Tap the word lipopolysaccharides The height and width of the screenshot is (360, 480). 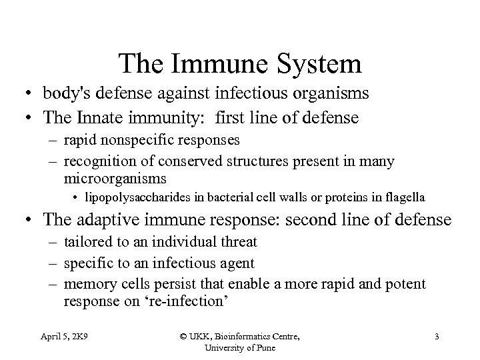click(138, 197)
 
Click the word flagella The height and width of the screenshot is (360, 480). click(403, 197)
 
